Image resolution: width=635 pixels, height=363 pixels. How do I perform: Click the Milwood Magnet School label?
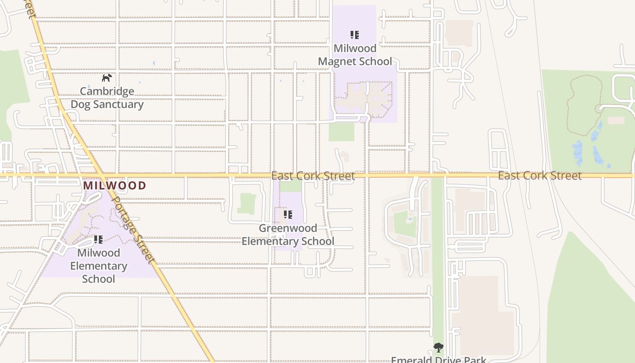pyautogui.click(x=355, y=55)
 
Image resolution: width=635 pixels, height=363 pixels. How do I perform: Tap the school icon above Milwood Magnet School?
pyautogui.click(x=355, y=35)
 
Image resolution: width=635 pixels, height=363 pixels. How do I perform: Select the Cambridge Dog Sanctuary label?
pyautogui.click(x=107, y=98)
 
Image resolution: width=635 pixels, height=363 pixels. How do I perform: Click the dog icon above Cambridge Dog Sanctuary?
pyautogui.click(x=107, y=78)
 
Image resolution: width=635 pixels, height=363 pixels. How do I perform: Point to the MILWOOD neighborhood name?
pyautogui.click(x=114, y=186)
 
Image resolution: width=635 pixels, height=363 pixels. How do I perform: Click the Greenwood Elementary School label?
pyautogui.click(x=288, y=235)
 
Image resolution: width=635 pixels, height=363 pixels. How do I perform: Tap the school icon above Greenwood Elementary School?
pyautogui.click(x=288, y=215)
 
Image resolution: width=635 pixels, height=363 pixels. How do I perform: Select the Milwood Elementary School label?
pyautogui.click(x=98, y=265)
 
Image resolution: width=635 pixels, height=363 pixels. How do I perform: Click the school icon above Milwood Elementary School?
pyautogui.click(x=98, y=240)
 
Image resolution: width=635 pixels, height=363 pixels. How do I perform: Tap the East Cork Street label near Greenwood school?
pyautogui.click(x=313, y=176)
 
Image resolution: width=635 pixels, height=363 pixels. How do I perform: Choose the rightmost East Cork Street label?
pyautogui.click(x=540, y=176)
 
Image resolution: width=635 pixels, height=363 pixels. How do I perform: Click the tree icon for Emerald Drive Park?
pyautogui.click(x=438, y=348)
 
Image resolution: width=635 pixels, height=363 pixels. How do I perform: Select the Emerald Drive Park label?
pyautogui.click(x=438, y=360)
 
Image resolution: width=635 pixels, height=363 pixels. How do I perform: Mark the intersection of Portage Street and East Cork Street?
pyautogui.click(x=102, y=175)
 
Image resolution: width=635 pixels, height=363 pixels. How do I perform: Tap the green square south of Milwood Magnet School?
pyautogui.click(x=341, y=132)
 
